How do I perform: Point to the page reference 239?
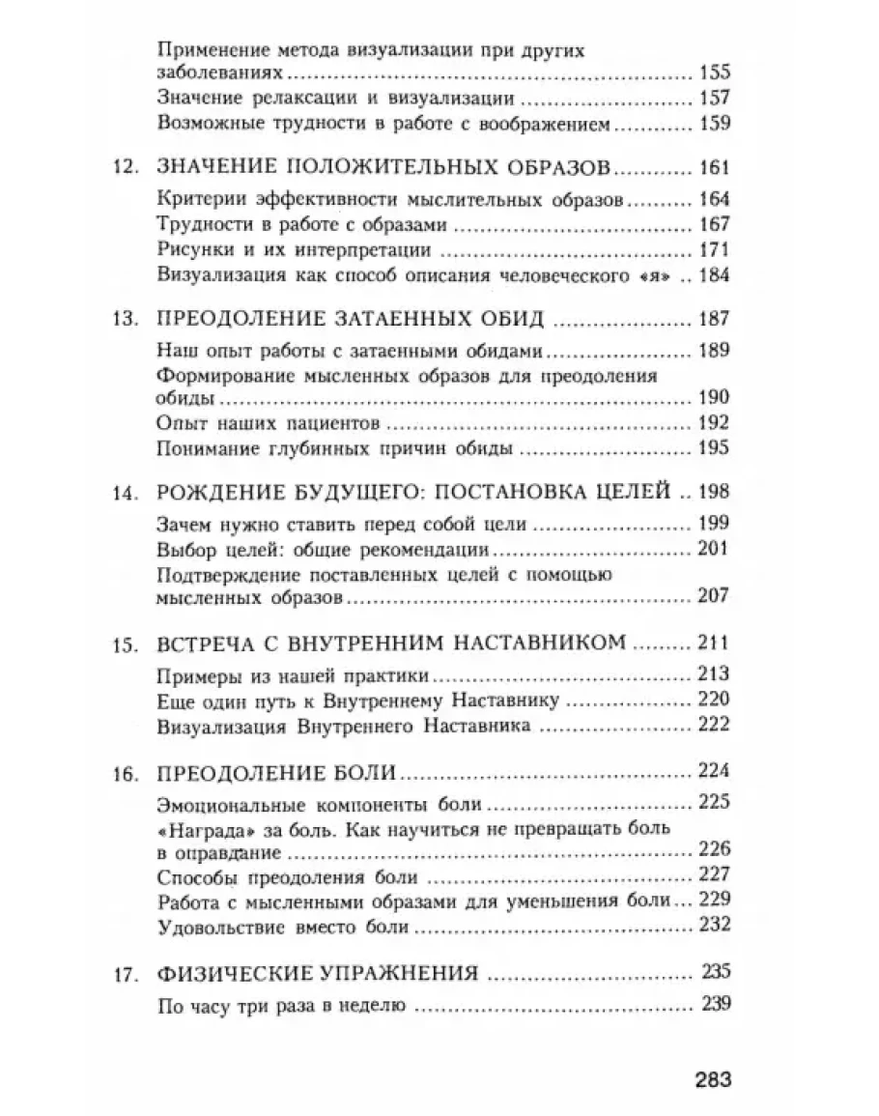click(x=713, y=1005)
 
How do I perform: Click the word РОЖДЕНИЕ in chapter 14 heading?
click(x=208, y=493)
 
